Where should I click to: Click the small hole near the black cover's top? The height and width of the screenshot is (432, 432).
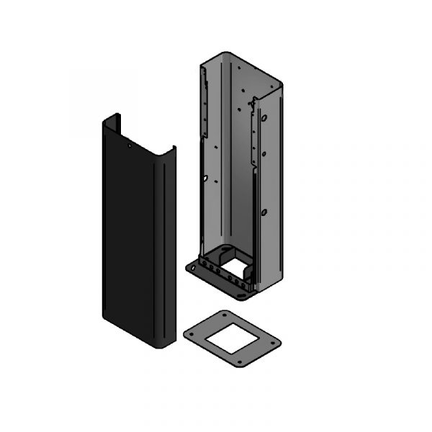coord(130,145)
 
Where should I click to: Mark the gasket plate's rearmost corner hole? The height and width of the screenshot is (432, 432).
coord(226,316)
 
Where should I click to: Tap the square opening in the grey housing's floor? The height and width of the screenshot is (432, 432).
coord(235,268)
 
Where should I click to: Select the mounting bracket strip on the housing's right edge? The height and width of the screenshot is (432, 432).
coord(254,137)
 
